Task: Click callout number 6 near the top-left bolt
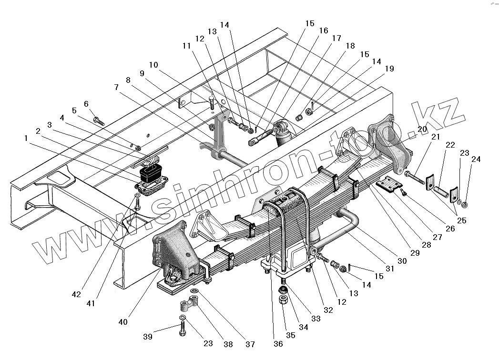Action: tap(86, 104)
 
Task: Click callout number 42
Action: tap(76, 294)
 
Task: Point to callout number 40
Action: tap(123, 322)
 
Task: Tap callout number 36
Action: tap(278, 344)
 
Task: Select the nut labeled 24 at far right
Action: tap(466, 205)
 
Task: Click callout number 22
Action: tap(450, 145)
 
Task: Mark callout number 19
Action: tap(389, 69)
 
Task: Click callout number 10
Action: tap(153, 65)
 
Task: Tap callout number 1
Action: tap(25, 139)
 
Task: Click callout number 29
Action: tap(414, 252)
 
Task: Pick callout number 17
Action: tap(336, 38)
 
